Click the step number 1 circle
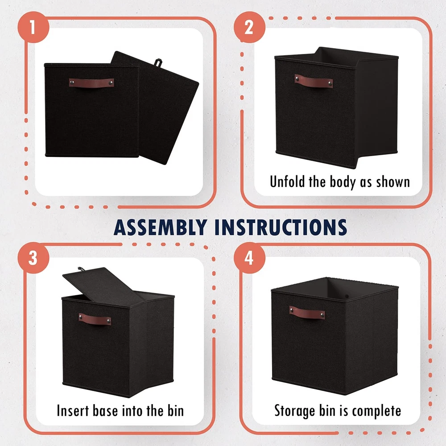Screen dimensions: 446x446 pos(33,27)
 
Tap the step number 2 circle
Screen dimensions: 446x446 pos(249,27)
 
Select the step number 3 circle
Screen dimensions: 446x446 pos(33,258)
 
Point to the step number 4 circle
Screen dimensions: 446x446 pos(249,258)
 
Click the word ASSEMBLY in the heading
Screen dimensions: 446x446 pos(160,227)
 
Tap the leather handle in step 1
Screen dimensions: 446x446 pos(91,83)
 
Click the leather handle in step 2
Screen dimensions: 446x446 pos(314,81)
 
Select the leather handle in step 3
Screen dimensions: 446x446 pos(95,319)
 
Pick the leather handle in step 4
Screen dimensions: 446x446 pos(307,312)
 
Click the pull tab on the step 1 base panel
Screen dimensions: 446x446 pos(158,63)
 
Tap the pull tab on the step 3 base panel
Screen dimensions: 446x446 pos(81,269)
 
